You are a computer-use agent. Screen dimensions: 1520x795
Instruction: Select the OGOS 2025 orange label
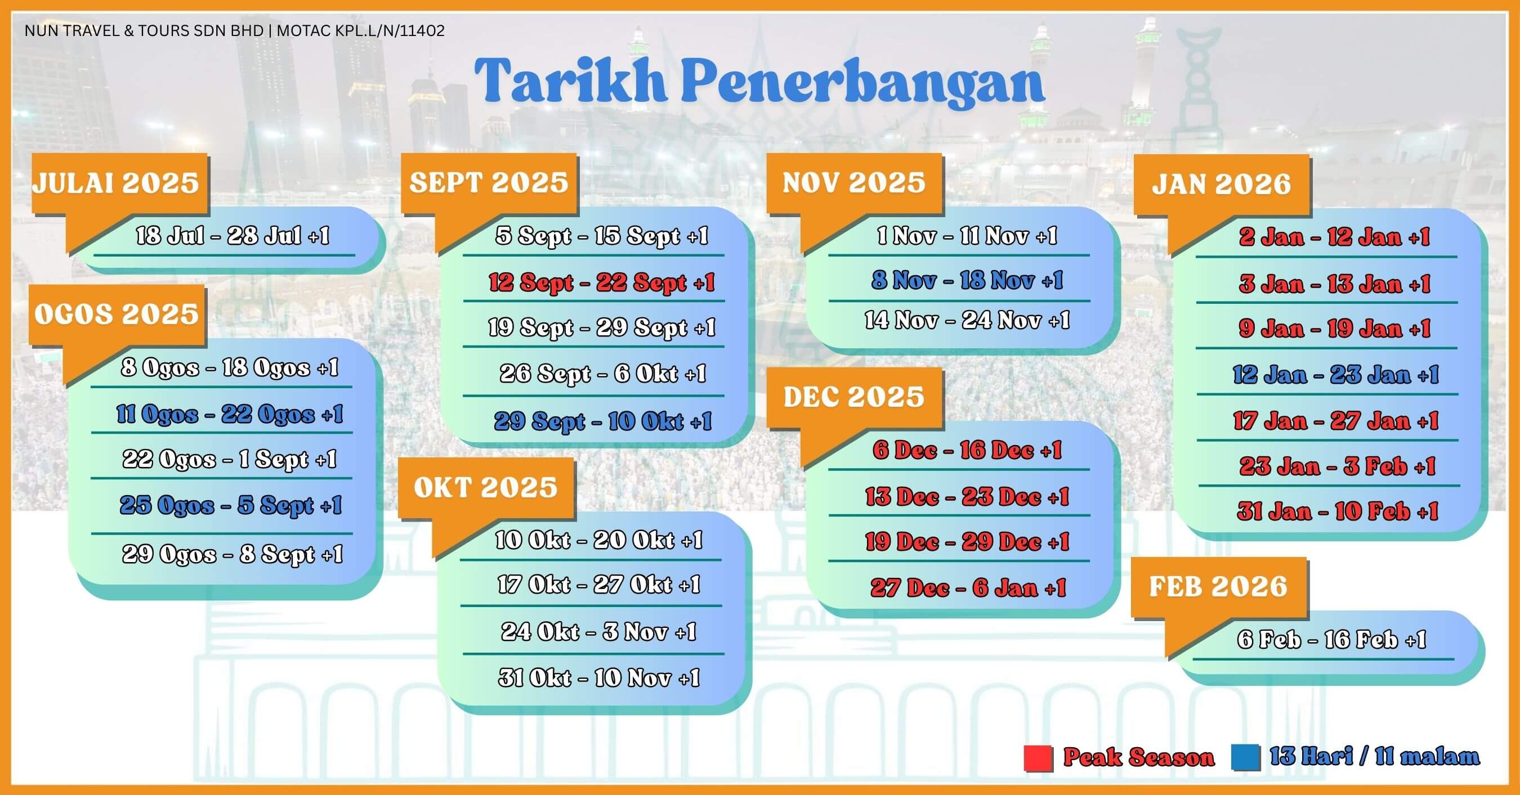pyautogui.click(x=116, y=314)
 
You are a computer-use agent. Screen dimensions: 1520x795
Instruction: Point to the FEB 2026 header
pyautogui.click(x=1218, y=586)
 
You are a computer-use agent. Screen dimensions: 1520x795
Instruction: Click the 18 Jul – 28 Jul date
pyautogui.click(x=233, y=236)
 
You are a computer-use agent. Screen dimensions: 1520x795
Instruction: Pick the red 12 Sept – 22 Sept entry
pyautogui.click(x=601, y=282)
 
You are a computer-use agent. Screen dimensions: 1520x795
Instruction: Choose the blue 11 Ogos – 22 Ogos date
pyautogui.click(x=230, y=414)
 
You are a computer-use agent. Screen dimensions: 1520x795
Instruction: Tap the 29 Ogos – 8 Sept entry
pyautogui.click(x=233, y=554)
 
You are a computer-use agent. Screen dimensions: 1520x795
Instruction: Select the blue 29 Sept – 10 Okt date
pyautogui.click(x=603, y=421)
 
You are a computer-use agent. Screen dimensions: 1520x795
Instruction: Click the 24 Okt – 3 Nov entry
pyautogui.click(x=599, y=632)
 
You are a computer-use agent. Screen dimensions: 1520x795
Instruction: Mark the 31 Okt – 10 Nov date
pyautogui.click(x=599, y=677)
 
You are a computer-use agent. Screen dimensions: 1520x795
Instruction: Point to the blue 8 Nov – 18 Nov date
pyautogui.click(x=967, y=280)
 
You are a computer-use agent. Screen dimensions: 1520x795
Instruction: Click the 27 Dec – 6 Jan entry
pyautogui.click(x=968, y=587)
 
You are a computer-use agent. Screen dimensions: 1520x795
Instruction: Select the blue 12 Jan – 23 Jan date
pyautogui.click(x=1336, y=375)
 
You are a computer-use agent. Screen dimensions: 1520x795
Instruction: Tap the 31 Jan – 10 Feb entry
pyautogui.click(x=1337, y=511)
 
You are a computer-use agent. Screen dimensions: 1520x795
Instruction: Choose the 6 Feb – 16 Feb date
pyautogui.click(x=1331, y=639)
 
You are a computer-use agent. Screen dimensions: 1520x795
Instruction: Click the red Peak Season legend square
pyautogui.click(x=1039, y=758)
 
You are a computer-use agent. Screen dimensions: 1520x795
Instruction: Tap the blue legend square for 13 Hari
pyautogui.click(x=1246, y=758)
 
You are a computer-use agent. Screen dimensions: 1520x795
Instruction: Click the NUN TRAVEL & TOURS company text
pyautogui.click(x=235, y=31)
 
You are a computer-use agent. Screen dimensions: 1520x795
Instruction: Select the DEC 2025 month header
pyautogui.click(x=853, y=396)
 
